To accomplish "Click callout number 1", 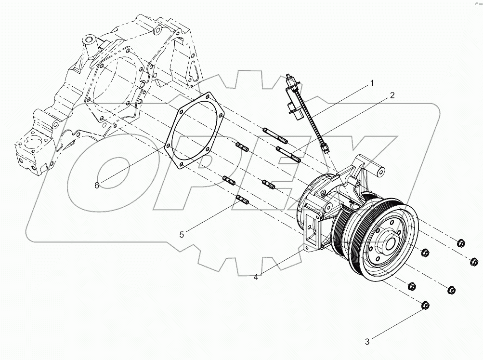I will (371, 83).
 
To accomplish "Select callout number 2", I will (392, 95).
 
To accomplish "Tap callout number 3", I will (367, 342).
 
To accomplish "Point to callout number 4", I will (256, 277).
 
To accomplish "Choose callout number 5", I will (182, 235).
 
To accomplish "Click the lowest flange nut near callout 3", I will (425, 305).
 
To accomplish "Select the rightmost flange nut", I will (474, 262).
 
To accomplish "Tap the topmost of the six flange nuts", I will (460, 242).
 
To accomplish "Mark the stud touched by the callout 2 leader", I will (288, 155).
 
